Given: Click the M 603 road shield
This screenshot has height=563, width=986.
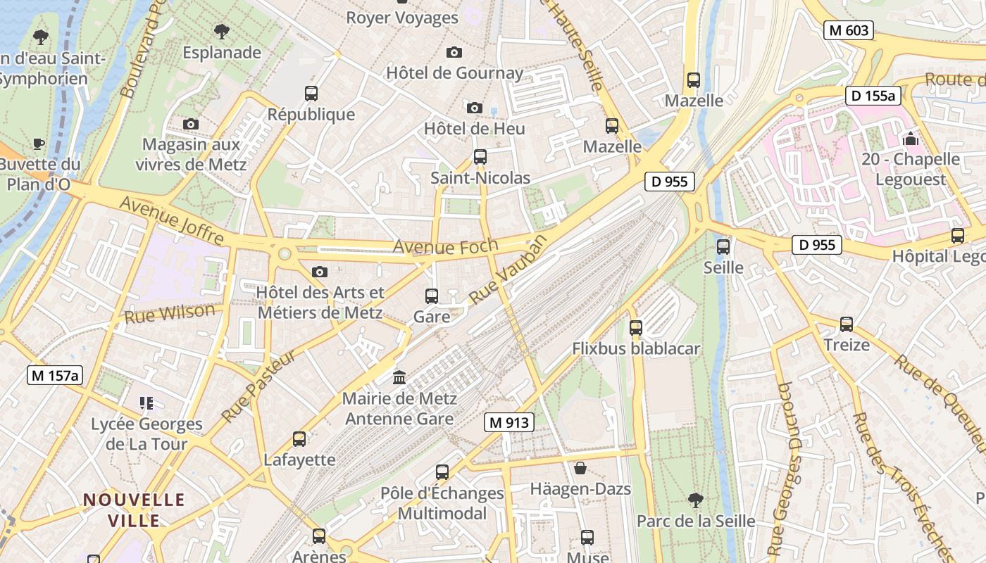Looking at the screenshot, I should click(x=849, y=30).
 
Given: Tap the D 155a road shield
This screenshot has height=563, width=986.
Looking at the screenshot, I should click(x=873, y=96).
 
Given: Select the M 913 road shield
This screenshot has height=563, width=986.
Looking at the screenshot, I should click(x=509, y=422).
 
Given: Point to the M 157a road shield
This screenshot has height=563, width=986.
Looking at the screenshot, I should click(x=55, y=375).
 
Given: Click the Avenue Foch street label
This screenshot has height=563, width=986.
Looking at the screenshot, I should click(x=445, y=247).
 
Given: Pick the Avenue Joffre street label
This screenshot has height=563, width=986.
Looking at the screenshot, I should click(x=172, y=220).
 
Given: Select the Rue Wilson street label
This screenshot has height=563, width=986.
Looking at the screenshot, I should click(x=170, y=313).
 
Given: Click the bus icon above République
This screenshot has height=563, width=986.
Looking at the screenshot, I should click(x=311, y=93).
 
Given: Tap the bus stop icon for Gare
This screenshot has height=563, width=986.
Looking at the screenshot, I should click(x=432, y=296).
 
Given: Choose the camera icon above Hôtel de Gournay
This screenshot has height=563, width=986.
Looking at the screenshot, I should click(x=454, y=52).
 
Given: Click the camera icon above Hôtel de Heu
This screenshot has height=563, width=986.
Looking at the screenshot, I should click(x=475, y=108).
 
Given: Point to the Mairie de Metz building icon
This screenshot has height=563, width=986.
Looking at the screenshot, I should click(x=399, y=377).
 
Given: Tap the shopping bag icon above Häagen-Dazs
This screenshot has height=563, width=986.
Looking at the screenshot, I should click(x=580, y=468).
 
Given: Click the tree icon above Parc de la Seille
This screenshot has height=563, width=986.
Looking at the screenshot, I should click(x=695, y=500).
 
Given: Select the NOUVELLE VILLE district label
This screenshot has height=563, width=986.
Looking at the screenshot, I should click(x=134, y=510).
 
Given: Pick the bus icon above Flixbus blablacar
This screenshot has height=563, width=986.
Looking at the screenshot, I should click(x=636, y=327).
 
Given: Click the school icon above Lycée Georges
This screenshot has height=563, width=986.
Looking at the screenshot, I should click(x=146, y=403).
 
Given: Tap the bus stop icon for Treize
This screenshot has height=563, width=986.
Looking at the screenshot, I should click(x=846, y=324).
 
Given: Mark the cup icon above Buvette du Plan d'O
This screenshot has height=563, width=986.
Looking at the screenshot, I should click(x=39, y=144).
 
